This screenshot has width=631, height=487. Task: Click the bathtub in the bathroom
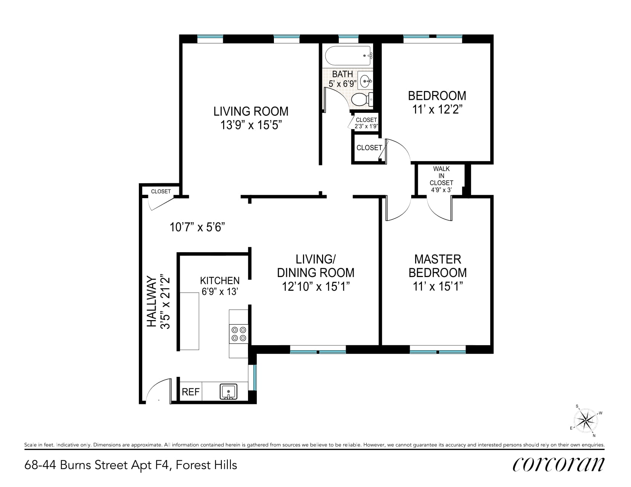(348, 55)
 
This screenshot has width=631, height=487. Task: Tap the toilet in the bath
(362, 100)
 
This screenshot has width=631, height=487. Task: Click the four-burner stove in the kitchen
(239, 334)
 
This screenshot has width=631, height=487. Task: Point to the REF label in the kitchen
(190, 392)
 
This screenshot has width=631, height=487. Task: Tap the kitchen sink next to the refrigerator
(228, 392)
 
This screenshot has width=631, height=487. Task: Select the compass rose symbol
(586, 420)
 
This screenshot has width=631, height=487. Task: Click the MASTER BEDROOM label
(438, 266)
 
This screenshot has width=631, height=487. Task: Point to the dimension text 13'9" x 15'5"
(251, 125)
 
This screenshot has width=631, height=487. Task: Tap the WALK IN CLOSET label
(441, 176)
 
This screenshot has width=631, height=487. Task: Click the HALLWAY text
(151, 301)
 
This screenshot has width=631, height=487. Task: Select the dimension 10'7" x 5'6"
(197, 227)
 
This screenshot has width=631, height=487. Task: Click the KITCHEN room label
(220, 280)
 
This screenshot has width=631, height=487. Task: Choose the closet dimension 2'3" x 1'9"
(366, 126)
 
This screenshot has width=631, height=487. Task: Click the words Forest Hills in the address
(206, 465)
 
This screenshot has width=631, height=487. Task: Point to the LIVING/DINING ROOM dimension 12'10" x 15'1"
(315, 287)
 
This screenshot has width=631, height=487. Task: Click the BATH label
(343, 74)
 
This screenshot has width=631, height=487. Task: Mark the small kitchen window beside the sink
(255, 377)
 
